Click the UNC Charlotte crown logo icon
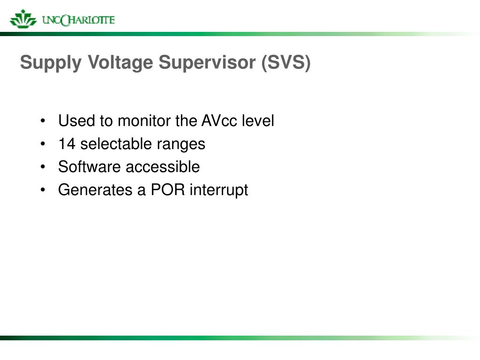coord(23,19)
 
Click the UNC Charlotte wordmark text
coord(78,20)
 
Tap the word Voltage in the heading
coord(120,63)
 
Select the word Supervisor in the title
coord(207,63)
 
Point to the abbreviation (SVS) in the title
coord(286,63)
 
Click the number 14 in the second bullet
coord(67,144)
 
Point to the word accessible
coord(163,167)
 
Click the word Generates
coord(95,190)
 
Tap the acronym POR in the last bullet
coord(168,190)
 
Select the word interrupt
coord(219,190)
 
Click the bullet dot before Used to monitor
coord(43,120)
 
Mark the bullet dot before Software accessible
coord(43,167)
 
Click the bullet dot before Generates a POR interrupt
coord(43,190)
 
